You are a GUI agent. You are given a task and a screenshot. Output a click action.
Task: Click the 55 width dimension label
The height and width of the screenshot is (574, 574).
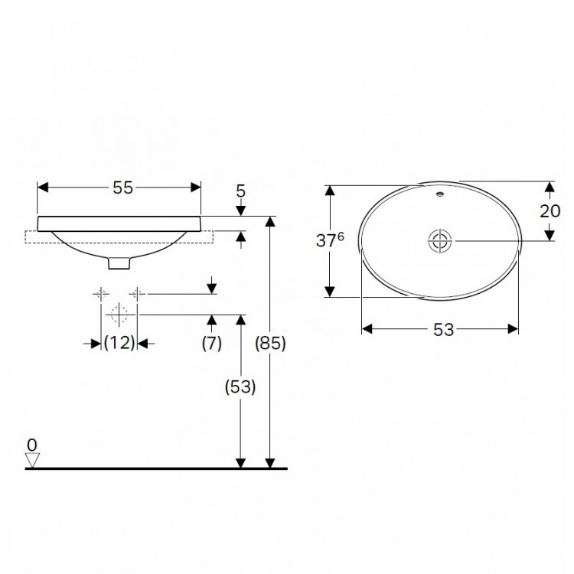tap(122, 188)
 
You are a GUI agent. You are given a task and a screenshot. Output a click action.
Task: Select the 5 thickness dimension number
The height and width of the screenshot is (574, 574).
tap(240, 191)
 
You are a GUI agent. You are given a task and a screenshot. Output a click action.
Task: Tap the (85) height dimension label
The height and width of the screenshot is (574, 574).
tap(270, 344)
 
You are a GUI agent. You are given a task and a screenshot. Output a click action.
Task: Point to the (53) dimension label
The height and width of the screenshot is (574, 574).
tap(240, 387)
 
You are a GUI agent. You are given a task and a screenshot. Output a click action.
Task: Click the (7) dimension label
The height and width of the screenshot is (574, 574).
tap(211, 344)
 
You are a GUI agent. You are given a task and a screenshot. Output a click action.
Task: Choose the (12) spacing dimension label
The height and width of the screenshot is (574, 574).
tap(119, 344)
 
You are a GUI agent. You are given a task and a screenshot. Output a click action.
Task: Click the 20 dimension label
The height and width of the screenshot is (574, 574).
tap(550, 211)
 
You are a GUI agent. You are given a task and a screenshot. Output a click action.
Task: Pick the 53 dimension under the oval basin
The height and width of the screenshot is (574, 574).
tap(443, 330)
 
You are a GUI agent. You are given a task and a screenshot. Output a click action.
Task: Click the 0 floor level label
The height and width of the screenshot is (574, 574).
tap(32, 445)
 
